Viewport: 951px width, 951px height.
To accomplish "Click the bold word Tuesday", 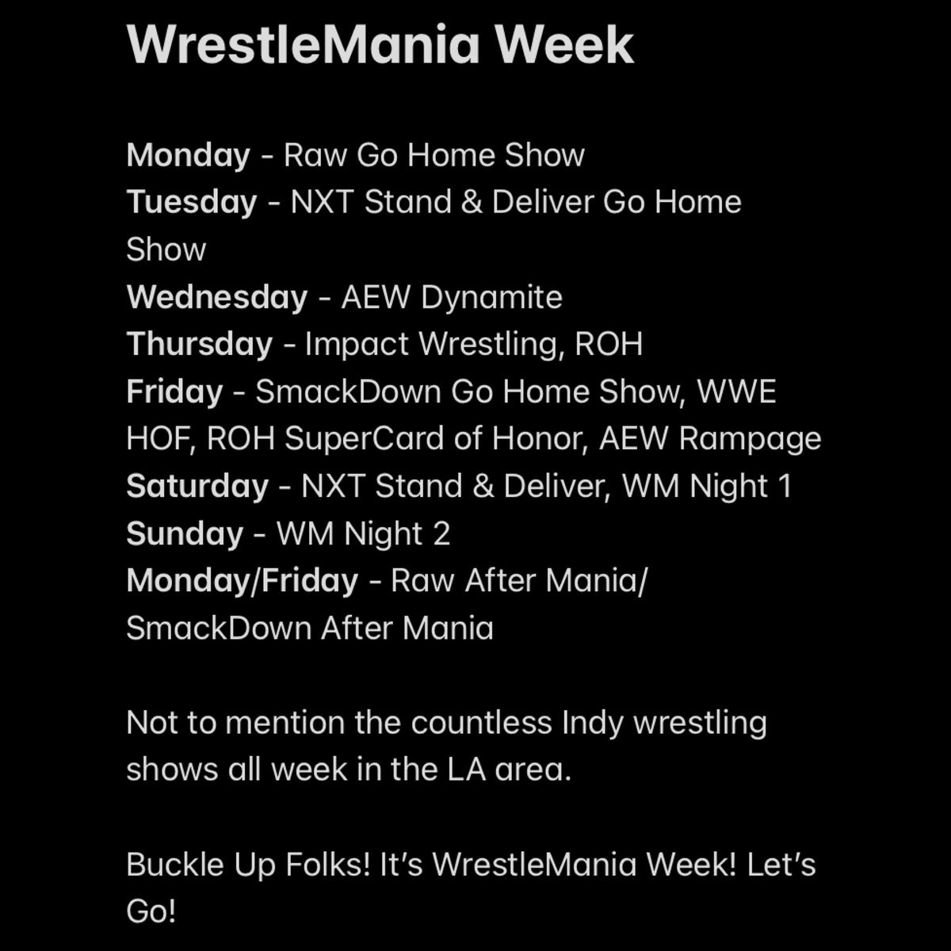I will tap(191, 202).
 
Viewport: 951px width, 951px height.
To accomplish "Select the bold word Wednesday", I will tap(216, 297).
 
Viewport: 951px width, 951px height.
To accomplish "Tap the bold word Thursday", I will tap(199, 344).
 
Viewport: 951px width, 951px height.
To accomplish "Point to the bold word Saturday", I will tap(197, 486).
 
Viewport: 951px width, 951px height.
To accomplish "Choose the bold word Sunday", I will tap(184, 533).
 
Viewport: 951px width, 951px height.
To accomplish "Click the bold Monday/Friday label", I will tap(242, 581).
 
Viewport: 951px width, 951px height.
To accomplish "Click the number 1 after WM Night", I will tap(785, 486).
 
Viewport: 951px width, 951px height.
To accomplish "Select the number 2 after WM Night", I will tap(441, 533).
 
